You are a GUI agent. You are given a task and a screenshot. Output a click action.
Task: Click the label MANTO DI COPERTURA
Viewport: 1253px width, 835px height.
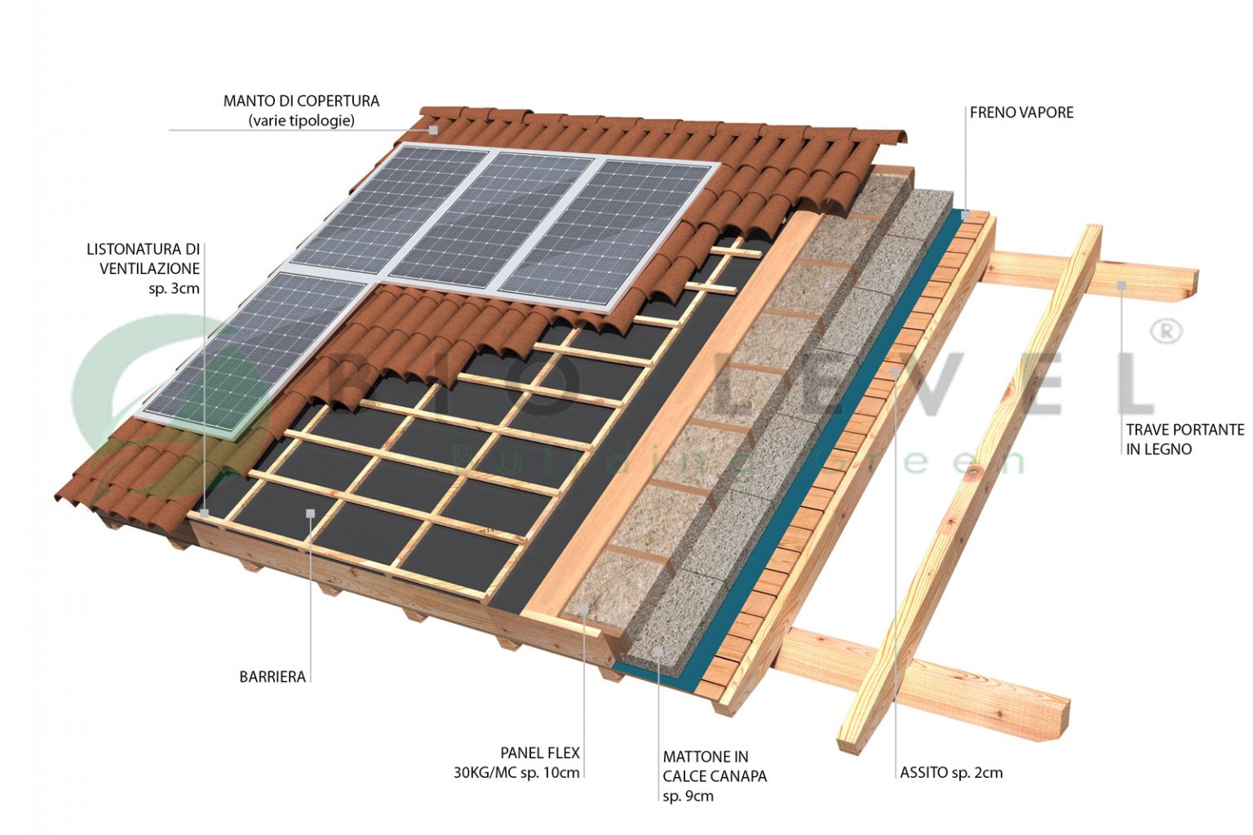(x=301, y=101)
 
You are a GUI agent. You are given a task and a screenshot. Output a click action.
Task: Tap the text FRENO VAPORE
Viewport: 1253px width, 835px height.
(x=1021, y=113)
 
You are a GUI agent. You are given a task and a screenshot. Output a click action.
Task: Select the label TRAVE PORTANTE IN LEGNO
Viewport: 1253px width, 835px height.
(x=1184, y=439)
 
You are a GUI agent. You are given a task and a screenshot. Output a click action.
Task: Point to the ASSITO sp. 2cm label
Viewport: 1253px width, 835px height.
(x=951, y=772)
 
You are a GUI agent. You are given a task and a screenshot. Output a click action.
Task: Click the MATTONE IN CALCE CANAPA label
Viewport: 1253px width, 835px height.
(x=715, y=767)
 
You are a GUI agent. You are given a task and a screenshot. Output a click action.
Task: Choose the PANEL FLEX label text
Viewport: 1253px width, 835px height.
(x=540, y=753)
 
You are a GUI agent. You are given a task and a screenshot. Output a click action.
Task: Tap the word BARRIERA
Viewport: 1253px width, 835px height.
(x=272, y=677)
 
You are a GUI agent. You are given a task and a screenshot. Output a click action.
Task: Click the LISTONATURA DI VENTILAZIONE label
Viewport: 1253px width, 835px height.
(x=144, y=258)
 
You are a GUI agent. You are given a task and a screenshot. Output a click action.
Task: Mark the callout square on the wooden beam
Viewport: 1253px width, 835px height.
(x=1122, y=285)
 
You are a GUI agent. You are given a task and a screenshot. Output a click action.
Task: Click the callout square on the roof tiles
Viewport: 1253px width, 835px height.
(x=434, y=130)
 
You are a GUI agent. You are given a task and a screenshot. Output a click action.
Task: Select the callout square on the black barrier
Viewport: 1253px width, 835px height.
(x=310, y=513)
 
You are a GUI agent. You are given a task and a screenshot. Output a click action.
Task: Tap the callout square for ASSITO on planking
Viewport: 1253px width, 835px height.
(x=895, y=372)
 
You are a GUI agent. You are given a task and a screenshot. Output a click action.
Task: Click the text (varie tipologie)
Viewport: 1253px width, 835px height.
(x=301, y=121)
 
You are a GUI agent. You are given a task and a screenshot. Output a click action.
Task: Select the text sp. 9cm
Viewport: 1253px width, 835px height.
(x=688, y=796)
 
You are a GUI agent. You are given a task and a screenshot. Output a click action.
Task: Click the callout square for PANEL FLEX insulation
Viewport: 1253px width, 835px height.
(x=584, y=609)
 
